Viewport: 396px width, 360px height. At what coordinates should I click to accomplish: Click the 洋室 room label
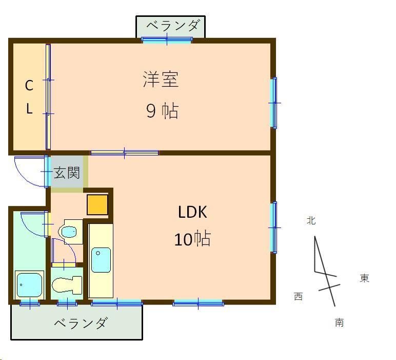pos(160,80)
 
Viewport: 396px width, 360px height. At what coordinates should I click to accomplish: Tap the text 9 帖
pos(162,111)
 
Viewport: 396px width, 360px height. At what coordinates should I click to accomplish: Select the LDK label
pos(192,212)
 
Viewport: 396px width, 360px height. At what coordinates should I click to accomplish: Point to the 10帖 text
pos(192,239)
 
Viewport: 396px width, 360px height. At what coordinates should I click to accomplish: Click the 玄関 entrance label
pos(67,173)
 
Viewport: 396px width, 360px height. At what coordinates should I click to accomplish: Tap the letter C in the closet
pos(29,86)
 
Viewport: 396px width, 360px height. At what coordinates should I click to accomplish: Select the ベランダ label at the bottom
pos(81,324)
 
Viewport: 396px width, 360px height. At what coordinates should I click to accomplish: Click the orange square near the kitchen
pos(97,204)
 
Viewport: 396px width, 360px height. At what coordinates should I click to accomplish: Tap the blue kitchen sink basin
pos(101,260)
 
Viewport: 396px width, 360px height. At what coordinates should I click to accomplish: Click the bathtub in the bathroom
pos(29,284)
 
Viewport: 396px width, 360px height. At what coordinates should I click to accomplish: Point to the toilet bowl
pos(67,285)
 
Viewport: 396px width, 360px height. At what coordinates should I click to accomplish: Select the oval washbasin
pos(68,232)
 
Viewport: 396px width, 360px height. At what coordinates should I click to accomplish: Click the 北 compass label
pos(311,221)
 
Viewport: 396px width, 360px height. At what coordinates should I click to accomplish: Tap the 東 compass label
pos(364,278)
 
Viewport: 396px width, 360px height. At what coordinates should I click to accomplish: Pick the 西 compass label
pos(298,296)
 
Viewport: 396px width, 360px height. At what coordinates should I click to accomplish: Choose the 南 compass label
pos(339,323)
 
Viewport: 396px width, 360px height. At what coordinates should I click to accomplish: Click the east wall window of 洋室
pos(274,103)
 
